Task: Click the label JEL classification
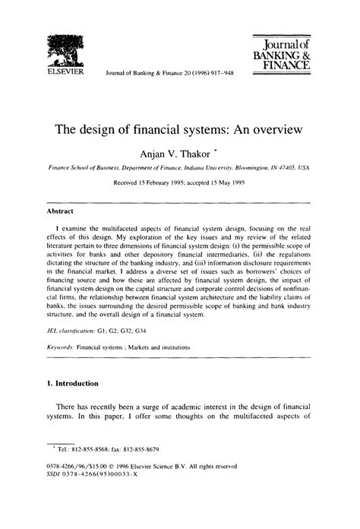point(75,332)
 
